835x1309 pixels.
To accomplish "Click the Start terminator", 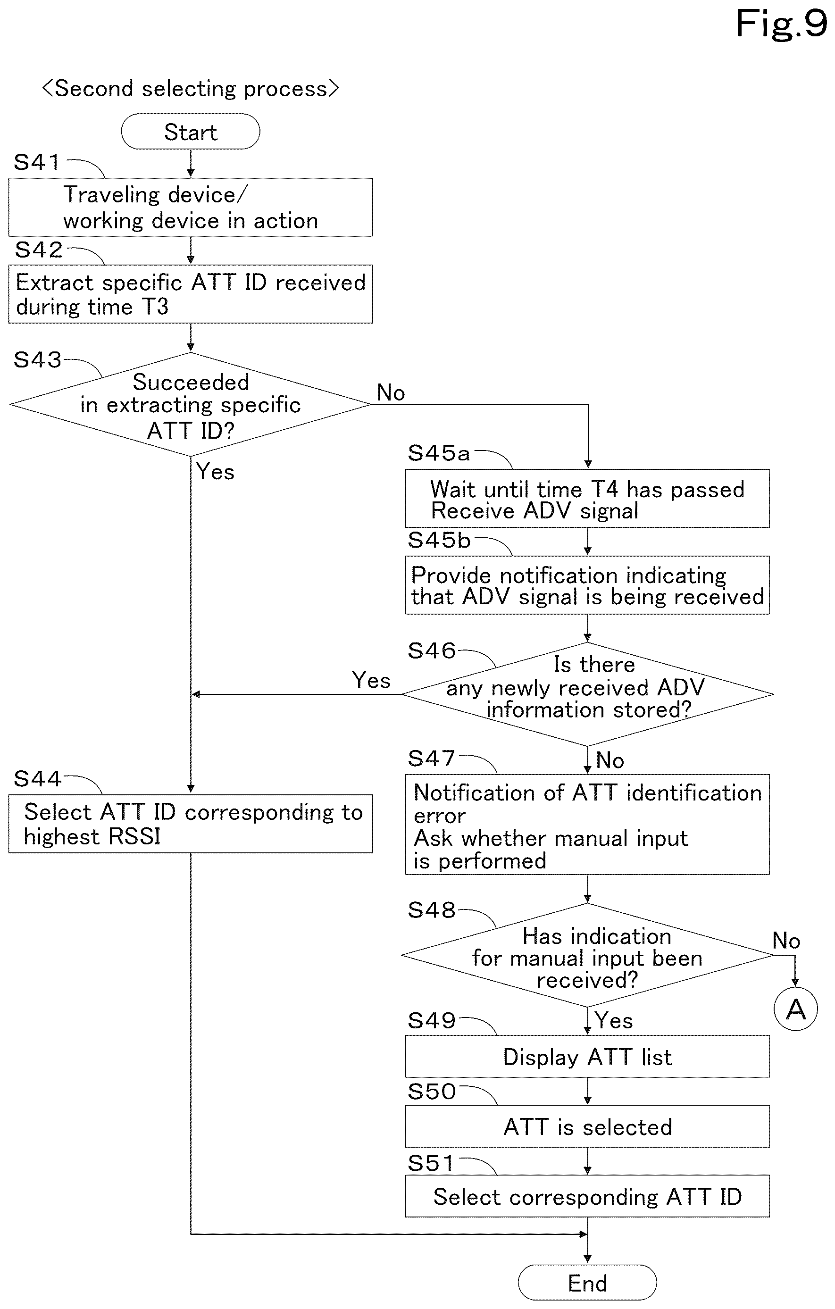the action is [x=190, y=132].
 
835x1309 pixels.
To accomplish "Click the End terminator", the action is [x=587, y=1283].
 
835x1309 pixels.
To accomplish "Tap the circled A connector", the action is [x=795, y=1009].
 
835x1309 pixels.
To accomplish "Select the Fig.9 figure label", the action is [x=781, y=24].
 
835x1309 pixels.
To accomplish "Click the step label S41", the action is [x=36, y=162].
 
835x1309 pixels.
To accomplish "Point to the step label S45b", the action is [x=439, y=540].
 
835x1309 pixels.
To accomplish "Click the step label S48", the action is [x=432, y=910].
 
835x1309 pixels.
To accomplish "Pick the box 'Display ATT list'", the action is [x=587, y=1056].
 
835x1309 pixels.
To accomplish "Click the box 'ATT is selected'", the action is [x=587, y=1126].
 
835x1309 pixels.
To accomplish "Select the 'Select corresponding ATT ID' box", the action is [x=587, y=1196].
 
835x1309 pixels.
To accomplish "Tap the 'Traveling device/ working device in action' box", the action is [x=190, y=207].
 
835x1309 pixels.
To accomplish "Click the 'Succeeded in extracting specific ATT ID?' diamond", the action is [x=190, y=404].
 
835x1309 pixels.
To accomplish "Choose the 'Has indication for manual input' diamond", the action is [x=587, y=955].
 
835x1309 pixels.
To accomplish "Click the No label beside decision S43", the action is [x=391, y=392].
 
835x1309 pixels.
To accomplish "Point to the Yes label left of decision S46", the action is [x=371, y=680].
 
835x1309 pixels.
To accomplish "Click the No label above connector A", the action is [x=786, y=941].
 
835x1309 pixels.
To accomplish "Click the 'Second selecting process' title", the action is [x=191, y=88].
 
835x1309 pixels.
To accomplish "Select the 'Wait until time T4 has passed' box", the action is [x=587, y=499].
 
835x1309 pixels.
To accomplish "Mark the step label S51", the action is [x=432, y=1164].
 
